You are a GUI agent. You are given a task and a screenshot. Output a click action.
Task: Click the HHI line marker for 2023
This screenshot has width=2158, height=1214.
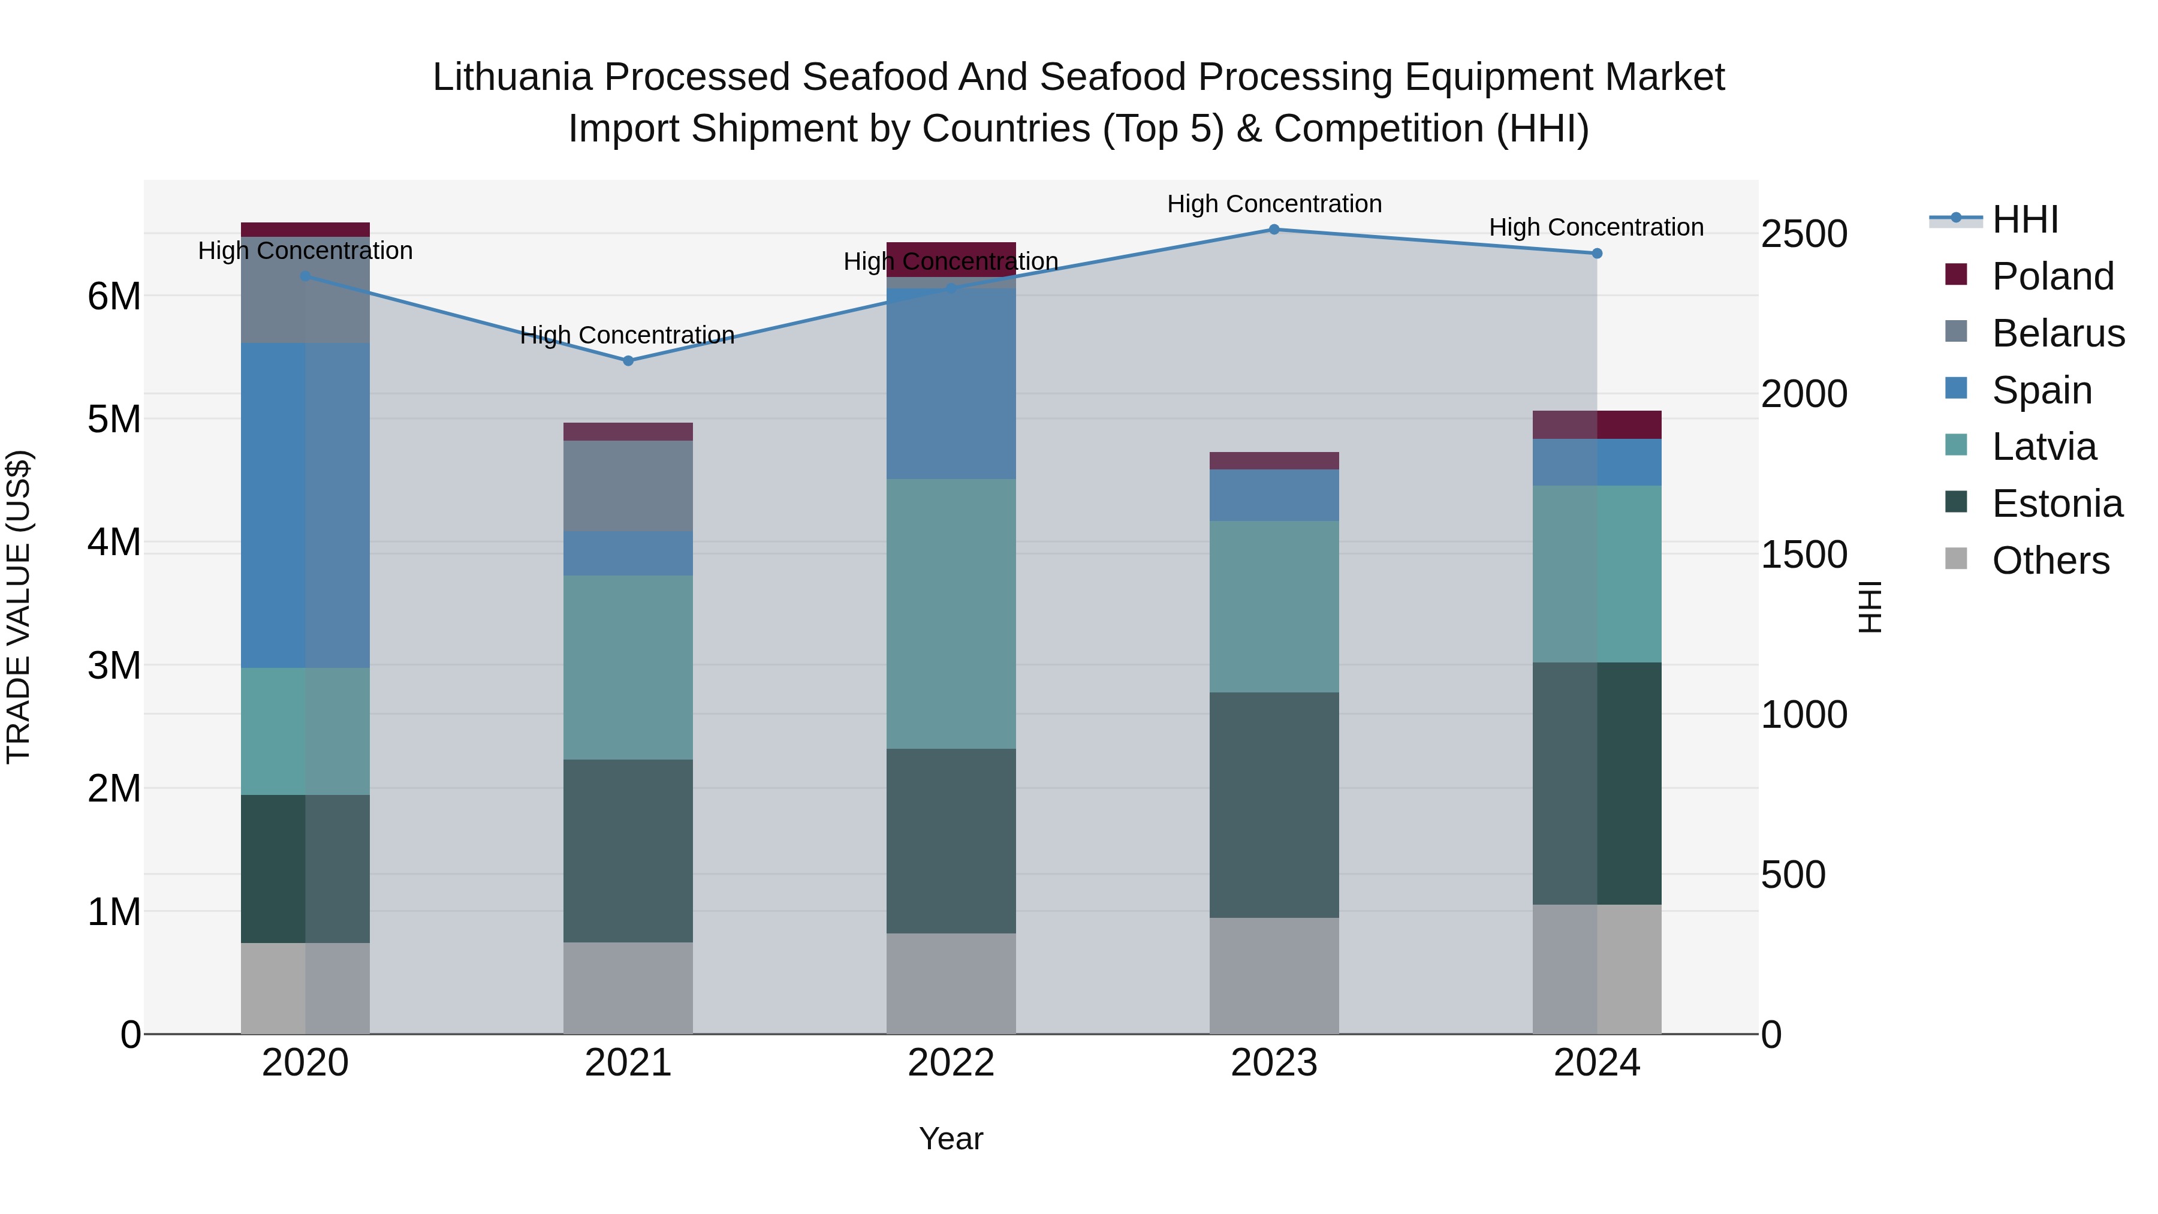click(1273, 229)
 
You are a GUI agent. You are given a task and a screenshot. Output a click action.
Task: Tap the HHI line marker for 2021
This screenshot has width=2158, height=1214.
click(628, 360)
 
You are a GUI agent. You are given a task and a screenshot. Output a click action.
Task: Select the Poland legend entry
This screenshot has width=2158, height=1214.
click(2052, 276)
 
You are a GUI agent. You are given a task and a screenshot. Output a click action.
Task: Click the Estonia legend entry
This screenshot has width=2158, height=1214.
click(2057, 504)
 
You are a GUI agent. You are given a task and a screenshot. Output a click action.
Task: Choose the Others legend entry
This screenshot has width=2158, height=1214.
click(2050, 561)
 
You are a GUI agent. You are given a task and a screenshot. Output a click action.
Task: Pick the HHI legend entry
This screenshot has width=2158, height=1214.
click(2025, 219)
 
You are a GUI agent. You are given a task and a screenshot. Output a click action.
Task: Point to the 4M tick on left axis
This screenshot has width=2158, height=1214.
click(114, 542)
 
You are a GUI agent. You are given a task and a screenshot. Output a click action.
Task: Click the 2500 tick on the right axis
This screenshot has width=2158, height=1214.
click(1804, 234)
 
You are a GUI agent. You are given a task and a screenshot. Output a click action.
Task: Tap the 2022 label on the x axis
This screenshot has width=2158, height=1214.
click(951, 1063)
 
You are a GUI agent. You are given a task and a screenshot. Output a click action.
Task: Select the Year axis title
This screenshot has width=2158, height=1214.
click(951, 1138)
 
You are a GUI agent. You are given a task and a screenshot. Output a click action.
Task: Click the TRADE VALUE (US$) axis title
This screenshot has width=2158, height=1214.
click(19, 607)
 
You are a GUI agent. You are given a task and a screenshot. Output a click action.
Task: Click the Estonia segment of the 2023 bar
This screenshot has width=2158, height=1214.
click(1273, 805)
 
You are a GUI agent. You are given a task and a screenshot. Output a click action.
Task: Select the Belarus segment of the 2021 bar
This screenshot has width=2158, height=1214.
click(628, 486)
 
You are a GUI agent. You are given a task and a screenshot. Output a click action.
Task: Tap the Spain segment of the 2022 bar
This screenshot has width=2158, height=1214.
click(951, 384)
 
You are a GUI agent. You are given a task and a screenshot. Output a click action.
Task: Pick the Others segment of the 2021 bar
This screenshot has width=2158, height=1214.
click(628, 988)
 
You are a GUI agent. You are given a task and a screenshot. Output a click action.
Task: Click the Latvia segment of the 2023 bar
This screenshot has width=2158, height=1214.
click(1273, 607)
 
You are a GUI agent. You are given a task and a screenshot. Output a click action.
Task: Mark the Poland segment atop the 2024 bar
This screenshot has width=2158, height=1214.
click(1597, 425)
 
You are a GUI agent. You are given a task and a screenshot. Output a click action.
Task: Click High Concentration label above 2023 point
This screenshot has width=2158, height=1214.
click(1273, 204)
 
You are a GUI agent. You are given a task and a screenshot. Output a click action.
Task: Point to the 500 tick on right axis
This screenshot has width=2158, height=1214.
click(1793, 875)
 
